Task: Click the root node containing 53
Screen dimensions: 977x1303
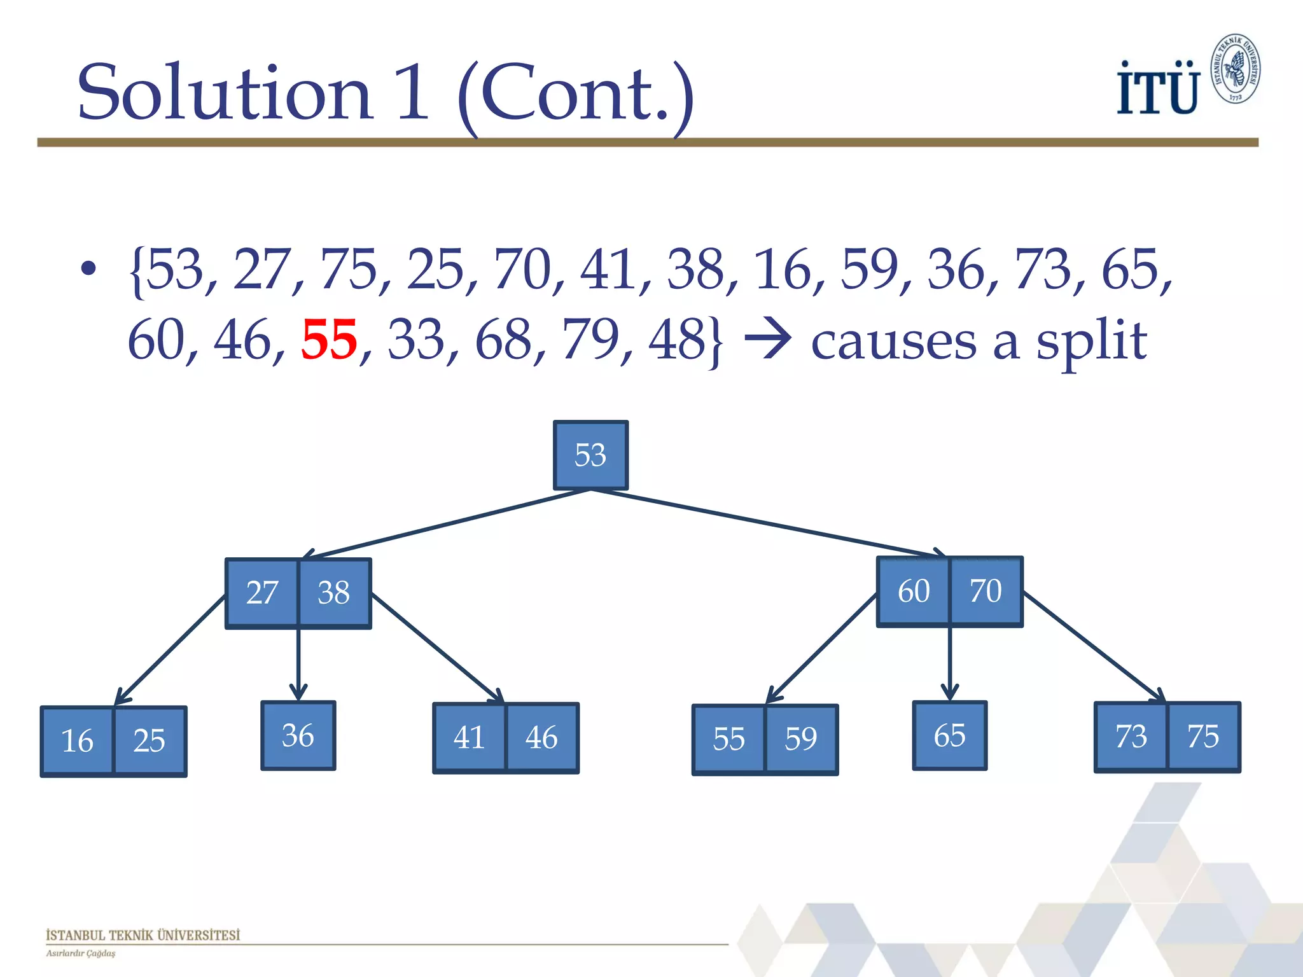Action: point(590,455)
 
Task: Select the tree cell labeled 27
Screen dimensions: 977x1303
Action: point(262,593)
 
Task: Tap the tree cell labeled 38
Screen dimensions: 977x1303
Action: point(334,593)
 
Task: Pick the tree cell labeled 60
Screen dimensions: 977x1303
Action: point(914,591)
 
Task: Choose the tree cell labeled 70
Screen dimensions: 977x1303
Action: point(986,591)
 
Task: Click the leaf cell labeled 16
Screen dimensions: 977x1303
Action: point(77,741)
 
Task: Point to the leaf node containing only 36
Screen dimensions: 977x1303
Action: point(298,736)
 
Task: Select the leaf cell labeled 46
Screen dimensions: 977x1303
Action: point(541,738)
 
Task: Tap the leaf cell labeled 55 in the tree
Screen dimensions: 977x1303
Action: point(728,739)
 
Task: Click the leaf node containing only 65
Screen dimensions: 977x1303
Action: point(949,736)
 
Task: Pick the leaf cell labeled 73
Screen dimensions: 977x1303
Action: point(1131,737)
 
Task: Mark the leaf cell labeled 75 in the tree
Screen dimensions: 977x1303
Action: point(1203,737)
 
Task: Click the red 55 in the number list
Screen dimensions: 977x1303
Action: point(329,340)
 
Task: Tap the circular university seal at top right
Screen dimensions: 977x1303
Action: point(1235,69)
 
